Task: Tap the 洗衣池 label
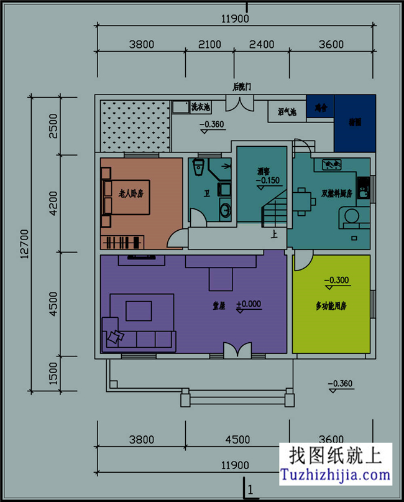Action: (200, 107)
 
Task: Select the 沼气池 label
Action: (287, 112)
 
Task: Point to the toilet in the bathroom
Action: (199, 167)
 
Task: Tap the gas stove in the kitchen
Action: (332, 165)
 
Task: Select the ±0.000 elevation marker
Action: (249, 305)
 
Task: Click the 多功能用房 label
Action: (331, 307)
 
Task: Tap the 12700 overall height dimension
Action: (24, 243)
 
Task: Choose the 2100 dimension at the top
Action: (209, 44)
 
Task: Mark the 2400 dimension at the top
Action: (261, 44)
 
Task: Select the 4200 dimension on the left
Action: (53, 203)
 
